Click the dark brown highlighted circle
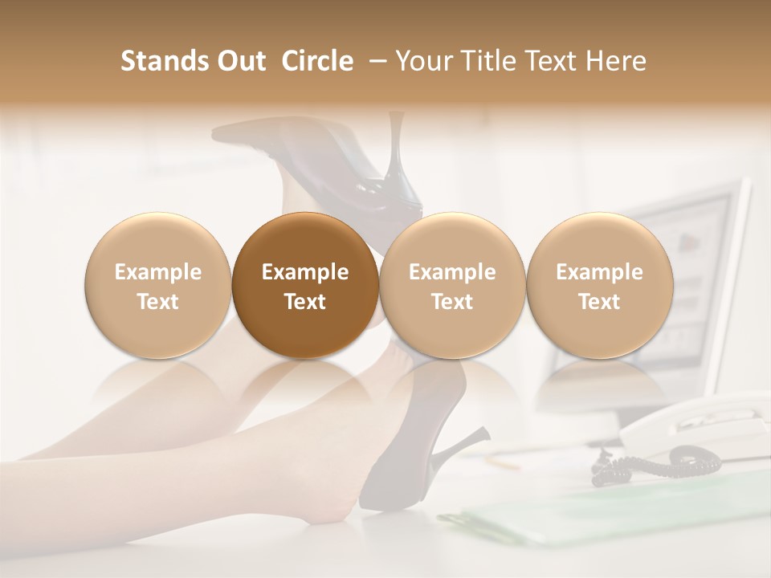coord(304,285)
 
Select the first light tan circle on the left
coord(157,285)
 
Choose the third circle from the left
coord(451,285)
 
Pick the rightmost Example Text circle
coord(599,285)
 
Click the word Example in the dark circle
coord(304,272)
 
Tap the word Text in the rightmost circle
coord(599,302)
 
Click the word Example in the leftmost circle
coord(157,272)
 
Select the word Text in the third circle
coord(451,302)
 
